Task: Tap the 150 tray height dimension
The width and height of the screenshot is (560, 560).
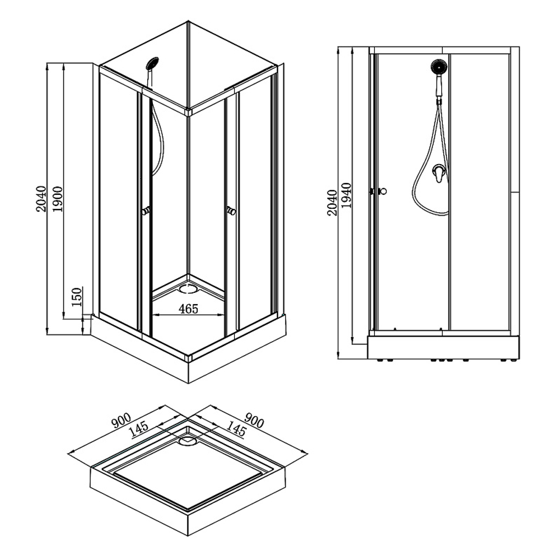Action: [x=77, y=296]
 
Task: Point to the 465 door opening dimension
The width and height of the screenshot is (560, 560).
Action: [x=188, y=309]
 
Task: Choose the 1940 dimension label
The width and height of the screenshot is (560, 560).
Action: [x=346, y=196]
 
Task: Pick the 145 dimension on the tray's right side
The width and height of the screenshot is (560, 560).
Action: [x=237, y=430]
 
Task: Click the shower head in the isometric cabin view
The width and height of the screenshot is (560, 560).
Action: [x=152, y=63]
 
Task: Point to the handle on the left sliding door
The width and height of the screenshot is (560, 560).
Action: [x=146, y=211]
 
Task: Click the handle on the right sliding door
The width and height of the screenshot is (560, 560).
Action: [x=231, y=211]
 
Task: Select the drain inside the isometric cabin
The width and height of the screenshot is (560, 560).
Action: [x=187, y=289]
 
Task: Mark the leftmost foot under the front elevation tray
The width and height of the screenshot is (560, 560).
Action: [x=381, y=360]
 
